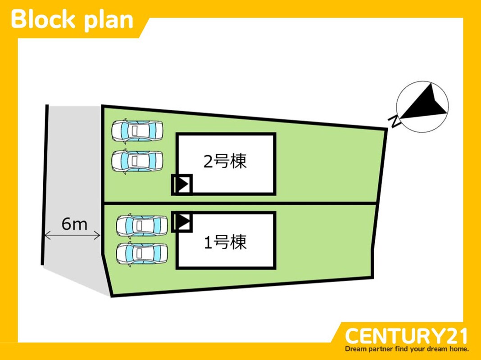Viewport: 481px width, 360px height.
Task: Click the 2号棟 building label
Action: [225, 161]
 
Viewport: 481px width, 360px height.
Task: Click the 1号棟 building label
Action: [225, 243]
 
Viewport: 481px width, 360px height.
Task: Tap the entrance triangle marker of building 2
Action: [182, 184]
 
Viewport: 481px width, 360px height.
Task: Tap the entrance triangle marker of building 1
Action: [182, 221]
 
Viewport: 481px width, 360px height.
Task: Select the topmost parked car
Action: [137, 130]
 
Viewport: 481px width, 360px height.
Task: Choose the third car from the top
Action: [142, 225]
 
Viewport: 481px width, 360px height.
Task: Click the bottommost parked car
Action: [142, 254]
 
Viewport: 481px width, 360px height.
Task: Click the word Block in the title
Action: [43, 19]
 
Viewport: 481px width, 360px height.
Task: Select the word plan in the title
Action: [108, 20]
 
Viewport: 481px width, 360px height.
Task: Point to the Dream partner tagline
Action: [407, 349]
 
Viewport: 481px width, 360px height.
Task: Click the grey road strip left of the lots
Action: [72, 180]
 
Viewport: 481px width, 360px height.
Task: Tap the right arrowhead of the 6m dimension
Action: [98, 235]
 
